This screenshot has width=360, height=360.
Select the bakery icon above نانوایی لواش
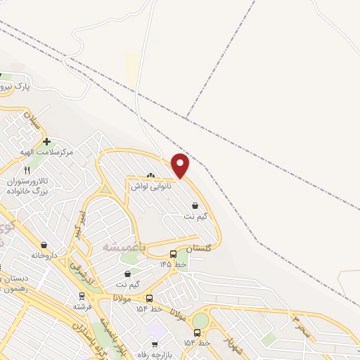(x=150, y=175)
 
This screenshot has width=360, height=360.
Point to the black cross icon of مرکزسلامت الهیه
(x=46, y=141)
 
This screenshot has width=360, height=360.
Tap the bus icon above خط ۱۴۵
(x=174, y=254)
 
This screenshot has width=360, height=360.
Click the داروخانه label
(x=44, y=255)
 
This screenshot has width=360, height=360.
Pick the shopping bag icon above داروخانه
(x=44, y=245)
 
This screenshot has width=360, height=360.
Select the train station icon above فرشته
(x=82, y=296)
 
